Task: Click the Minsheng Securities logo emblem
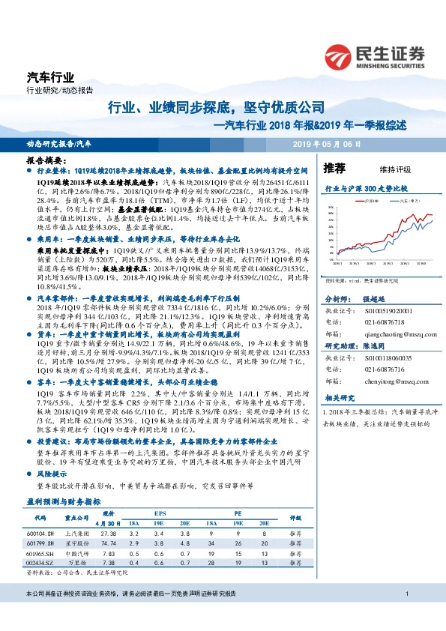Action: tap(340, 56)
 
